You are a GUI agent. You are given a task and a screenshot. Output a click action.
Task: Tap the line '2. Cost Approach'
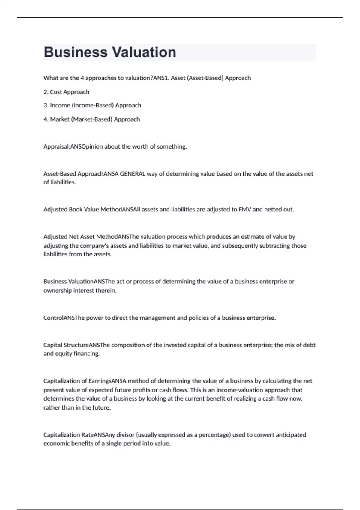coord(66,92)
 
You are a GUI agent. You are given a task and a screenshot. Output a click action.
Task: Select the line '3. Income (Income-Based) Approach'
coord(92,105)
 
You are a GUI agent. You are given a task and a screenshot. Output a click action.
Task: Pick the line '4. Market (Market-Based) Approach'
coord(91,119)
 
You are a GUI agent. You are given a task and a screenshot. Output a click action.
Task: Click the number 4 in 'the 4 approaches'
coord(82,78)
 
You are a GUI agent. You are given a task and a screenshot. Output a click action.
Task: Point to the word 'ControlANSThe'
coord(64,318)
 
